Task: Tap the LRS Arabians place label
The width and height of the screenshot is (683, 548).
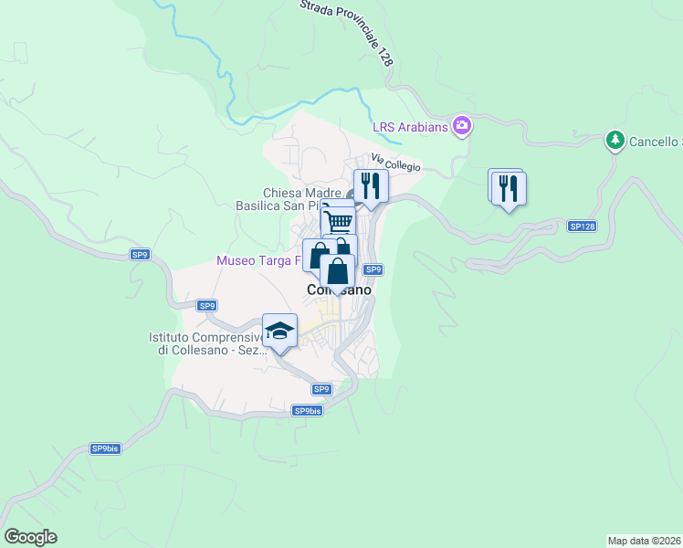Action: point(410,127)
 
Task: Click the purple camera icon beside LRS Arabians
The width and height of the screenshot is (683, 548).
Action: point(462,125)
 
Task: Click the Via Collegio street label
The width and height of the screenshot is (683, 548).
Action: point(395,163)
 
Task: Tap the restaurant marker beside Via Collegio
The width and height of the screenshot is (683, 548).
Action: point(372,186)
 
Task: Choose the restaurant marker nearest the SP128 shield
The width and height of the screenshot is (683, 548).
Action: point(509,189)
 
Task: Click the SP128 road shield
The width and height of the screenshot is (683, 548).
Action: point(581,226)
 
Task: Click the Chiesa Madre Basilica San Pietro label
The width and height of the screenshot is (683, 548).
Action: point(301,199)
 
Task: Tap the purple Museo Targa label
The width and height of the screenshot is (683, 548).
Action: point(259,260)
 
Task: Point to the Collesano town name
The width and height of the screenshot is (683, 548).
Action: point(338,290)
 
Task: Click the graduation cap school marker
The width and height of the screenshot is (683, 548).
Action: point(280,331)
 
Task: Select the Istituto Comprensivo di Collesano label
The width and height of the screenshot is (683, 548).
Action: point(205,343)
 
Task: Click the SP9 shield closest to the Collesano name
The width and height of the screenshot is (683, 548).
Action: point(373,269)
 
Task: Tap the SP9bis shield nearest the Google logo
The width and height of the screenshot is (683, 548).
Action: point(105,448)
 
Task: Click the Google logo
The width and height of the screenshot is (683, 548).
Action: point(30,537)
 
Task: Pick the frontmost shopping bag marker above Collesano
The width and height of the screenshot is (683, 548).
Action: point(338,271)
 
